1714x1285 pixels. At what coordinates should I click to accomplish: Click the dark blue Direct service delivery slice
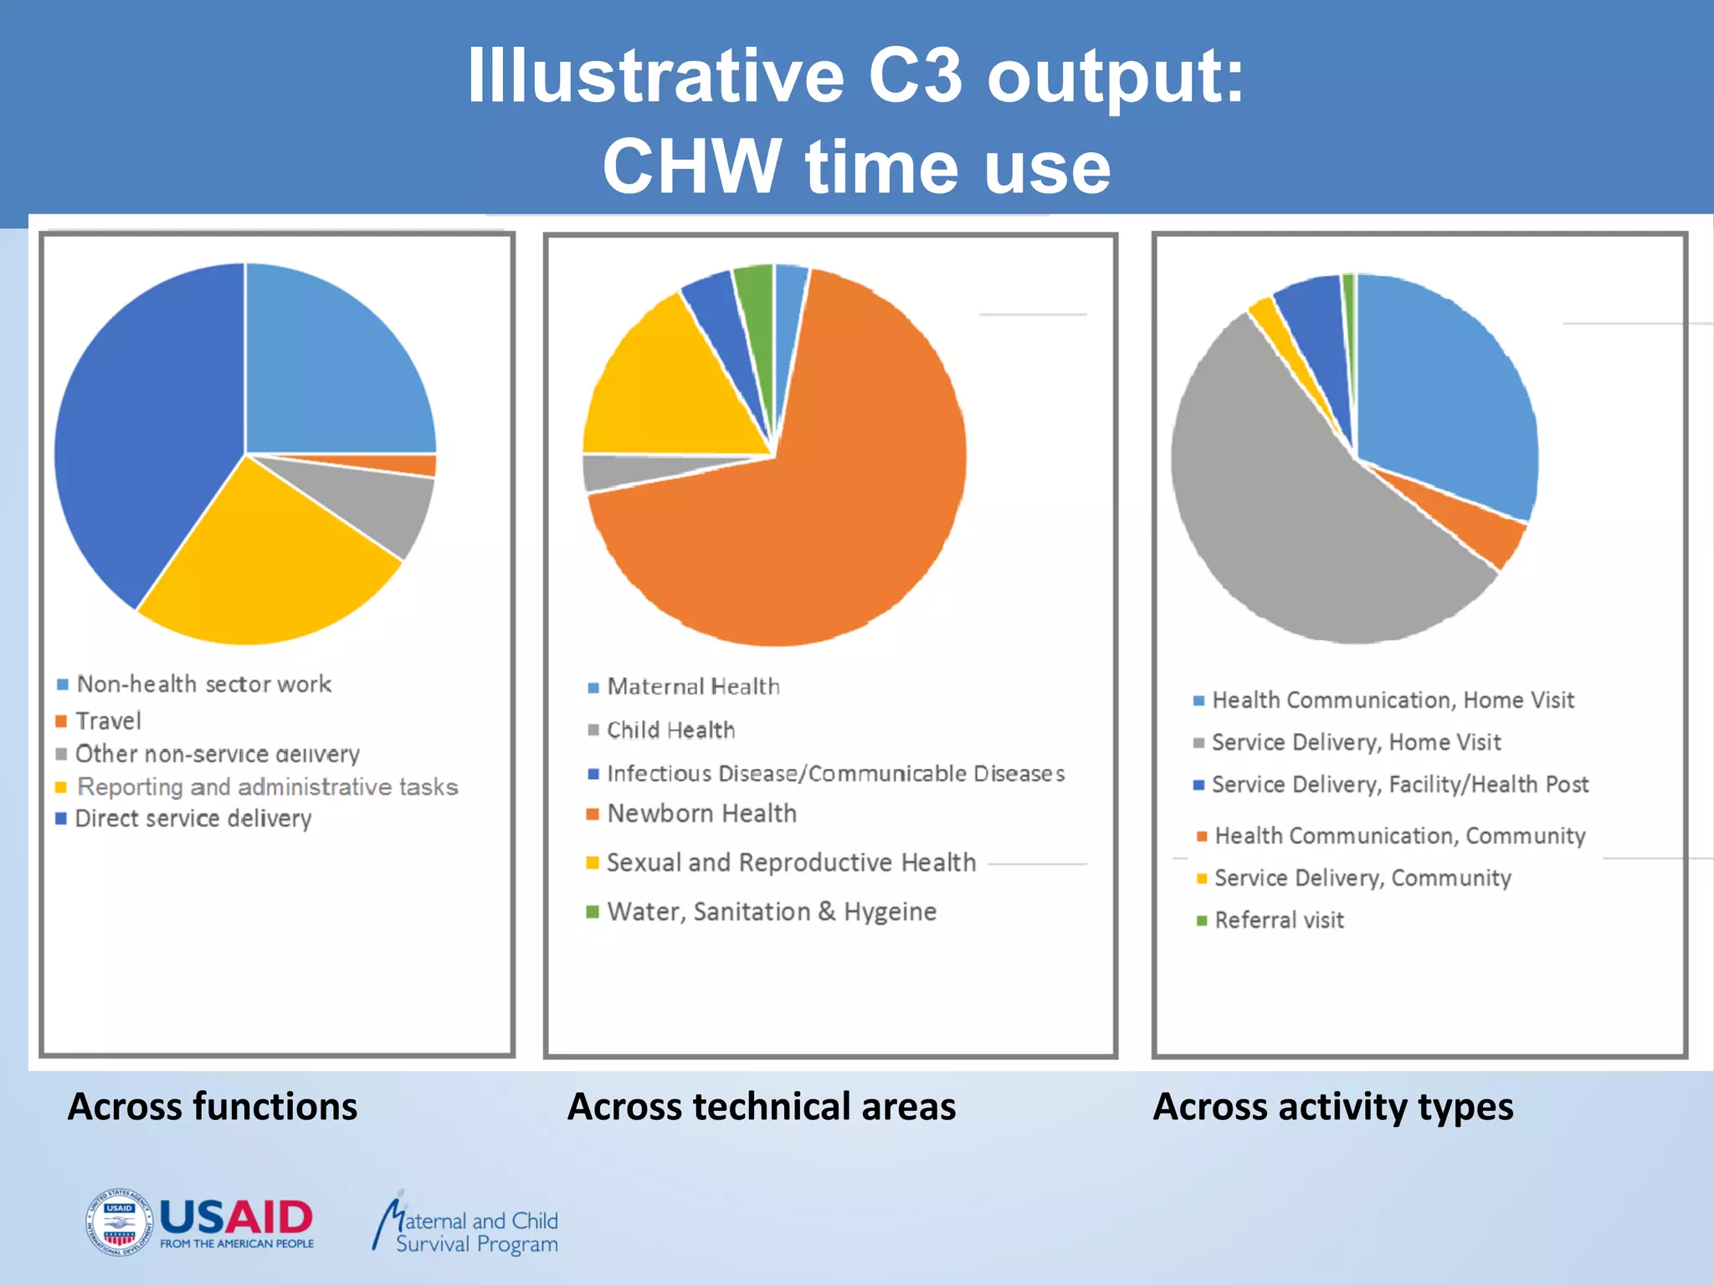tap(142, 435)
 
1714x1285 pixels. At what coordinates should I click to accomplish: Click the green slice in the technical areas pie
tap(756, 310)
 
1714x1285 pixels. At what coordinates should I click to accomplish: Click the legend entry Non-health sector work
tap(203, 684)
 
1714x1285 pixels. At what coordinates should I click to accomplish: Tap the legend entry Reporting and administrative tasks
tap(266, 787)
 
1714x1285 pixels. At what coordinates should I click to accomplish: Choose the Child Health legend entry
tap(670, 730)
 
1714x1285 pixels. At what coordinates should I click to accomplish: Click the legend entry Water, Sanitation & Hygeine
tap(771, 912)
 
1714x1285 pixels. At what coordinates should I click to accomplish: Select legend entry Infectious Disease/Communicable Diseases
tap(835, 774)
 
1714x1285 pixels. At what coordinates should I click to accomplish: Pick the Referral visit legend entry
tap(1278, 920)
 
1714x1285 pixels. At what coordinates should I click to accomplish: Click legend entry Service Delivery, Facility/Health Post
tap(1399, 785)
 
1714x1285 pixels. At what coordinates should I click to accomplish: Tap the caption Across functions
tap(213, 1107)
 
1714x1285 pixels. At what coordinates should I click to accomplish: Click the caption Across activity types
tap(1332, 1107)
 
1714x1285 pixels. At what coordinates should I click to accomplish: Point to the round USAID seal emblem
tap(119, 1221)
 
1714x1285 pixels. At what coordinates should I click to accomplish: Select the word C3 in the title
tap(916, 77)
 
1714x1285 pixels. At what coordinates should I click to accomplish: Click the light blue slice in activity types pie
tap(1448, 393)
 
